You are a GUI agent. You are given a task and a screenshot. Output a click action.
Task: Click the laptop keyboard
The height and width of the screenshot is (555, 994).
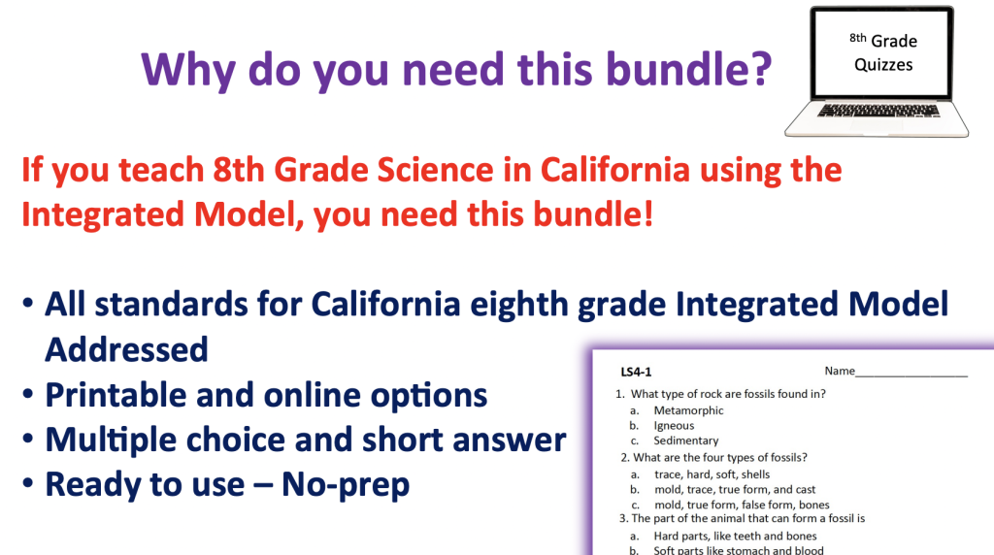[x=878, y=111]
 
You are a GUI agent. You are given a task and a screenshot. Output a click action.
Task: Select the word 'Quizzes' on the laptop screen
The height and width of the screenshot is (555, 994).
[x=883, y=65]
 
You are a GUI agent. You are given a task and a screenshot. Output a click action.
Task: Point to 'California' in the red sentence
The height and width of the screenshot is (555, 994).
[x=614, y=170]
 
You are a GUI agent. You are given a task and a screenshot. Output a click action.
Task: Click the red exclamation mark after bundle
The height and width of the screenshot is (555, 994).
[x=647, y=213]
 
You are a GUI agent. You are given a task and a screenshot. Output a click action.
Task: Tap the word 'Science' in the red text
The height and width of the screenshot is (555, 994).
[x=435, y=170]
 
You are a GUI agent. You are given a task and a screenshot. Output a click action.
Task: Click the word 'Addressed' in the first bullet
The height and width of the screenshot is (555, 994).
[x=126, y=349]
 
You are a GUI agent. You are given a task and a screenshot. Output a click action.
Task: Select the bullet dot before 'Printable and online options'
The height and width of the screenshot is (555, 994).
[x=27, y=394]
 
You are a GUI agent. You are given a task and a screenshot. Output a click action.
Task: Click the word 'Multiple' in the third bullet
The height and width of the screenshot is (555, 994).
[x=111, y=440]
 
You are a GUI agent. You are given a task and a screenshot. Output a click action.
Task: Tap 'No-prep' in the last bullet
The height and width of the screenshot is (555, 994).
[x=346, y=485]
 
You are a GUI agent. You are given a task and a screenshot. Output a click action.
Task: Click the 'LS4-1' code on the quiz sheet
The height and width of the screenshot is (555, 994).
[x=636, y=372]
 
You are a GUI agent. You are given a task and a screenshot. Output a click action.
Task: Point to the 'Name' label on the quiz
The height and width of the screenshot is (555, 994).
[x=840, y=371]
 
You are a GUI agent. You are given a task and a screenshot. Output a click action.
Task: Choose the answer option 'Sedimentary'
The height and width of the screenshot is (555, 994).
[x=686, y=441]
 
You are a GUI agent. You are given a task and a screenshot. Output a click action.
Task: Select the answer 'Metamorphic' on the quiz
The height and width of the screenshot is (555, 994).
[x=688, y=410]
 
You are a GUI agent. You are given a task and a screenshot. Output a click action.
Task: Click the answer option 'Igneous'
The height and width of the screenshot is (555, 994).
[x=674, y=426]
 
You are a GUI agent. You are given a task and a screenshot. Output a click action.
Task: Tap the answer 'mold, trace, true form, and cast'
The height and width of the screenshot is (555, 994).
[x=735, y=489]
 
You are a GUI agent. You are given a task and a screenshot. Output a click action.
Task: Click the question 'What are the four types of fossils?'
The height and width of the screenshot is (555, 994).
[x=720, y=457]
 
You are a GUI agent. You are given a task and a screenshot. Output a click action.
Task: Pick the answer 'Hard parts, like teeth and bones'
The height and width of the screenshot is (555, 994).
[x=736, y=536]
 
